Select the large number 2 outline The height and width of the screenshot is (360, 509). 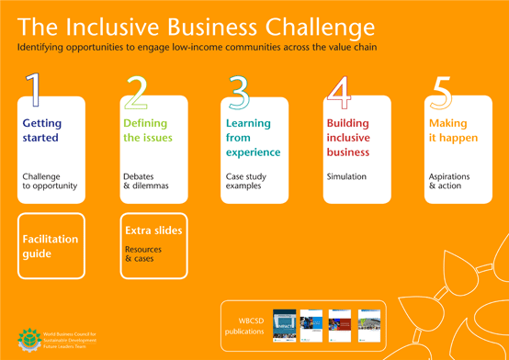click(135, 92)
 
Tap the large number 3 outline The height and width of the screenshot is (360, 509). click(238, 92)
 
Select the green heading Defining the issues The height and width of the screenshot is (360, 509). click(147, 129)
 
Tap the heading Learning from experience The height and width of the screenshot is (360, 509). click(253, 137)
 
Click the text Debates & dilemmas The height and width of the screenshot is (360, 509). click(144, 180)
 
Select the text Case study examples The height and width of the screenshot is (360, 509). click(244, 180)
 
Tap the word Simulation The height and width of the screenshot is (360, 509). click(347, 175)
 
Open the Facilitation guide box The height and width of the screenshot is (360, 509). click(51, 245)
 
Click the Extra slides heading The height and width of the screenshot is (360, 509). click(153, 230)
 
